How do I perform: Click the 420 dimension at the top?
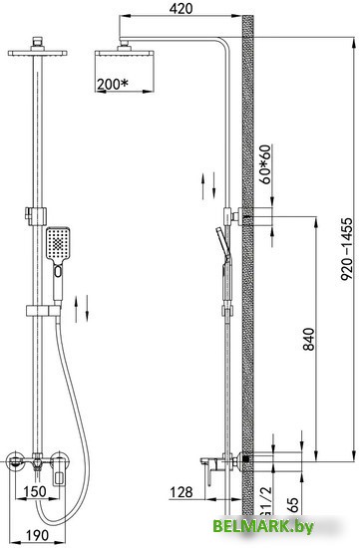180,9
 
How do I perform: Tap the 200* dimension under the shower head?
113,84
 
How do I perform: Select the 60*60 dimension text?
266,164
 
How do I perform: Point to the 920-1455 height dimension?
346,249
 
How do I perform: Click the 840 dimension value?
308,339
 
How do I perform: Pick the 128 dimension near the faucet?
181,492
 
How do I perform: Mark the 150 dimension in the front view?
35,491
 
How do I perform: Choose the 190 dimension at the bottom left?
38,535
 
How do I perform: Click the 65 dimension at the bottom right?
294,505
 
